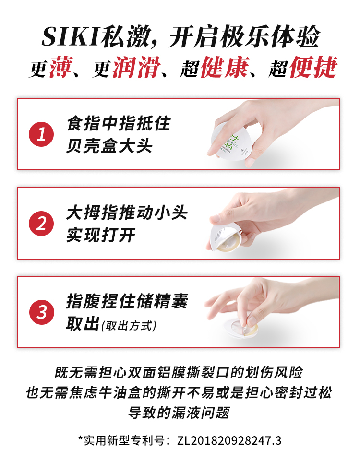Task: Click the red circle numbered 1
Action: click(41, 134)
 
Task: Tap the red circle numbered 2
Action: click(41, 224)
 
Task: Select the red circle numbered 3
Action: click(42, 312)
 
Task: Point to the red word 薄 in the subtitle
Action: click(61, 67)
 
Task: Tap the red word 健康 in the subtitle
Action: click(225, 67)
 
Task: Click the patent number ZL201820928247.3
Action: click(229, 441)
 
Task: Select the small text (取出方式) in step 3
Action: click(129, 326)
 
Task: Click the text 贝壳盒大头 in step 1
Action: click(109, 146)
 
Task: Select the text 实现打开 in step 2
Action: click(101, 235)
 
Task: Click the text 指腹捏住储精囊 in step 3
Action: click(127, 301)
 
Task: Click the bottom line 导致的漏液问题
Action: click(179, 413)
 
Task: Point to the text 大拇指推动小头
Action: click(127, 213)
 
